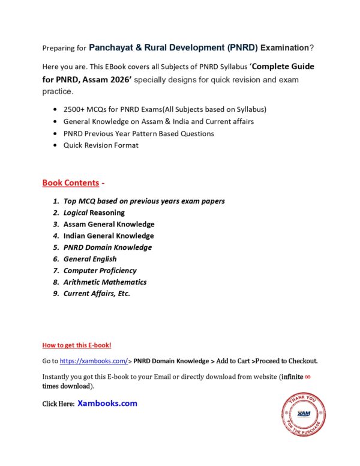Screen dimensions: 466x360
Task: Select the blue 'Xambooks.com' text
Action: pyautogui.click(x=107, y=404)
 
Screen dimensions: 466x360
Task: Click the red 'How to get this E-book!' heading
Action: pyautogui.click(x=77, y=345)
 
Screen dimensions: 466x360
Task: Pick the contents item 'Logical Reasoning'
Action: pyautogui.click(x=94, y=213)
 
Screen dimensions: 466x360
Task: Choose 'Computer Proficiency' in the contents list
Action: pyautogui.click(x=100, y=270)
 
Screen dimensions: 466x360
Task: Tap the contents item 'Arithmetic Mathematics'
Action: pyautogui.click(x=104, y=282)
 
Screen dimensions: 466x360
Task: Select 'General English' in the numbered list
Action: pyautogui.click(x=90, y=259)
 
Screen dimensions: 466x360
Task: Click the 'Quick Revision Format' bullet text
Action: pyautogui.click(x=101, y=145)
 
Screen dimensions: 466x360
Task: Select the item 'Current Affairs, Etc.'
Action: pyautogui.click(x=97, y=294)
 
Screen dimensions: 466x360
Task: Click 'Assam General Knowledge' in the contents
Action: pyautogui.click(x=109, y=224)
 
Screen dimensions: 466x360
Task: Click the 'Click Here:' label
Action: pyautogui.click(x=58, y=404)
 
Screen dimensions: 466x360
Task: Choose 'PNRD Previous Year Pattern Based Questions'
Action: pyautogui.click(x=139, y=133)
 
